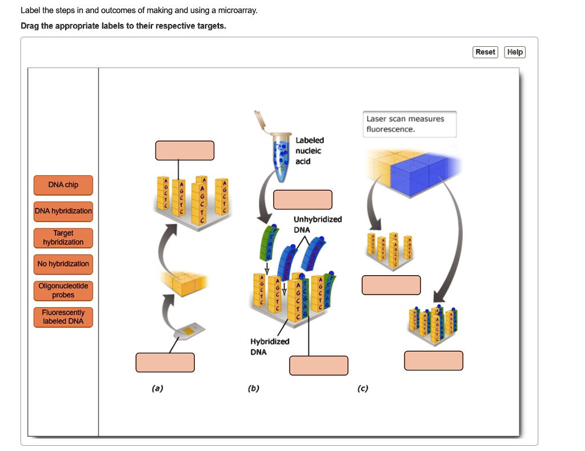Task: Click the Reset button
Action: point(485,52)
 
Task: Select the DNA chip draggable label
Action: point(63,185)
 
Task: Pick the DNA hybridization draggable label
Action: point(63,211)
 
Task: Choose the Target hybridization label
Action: point(63,237)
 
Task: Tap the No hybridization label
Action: point(63,264)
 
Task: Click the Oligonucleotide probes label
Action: point(63,291)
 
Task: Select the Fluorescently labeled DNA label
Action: point(63,317)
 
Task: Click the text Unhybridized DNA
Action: point(317,224)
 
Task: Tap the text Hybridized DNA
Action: point(269,347)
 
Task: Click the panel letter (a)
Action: point(157,388)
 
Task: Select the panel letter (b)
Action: point(254,388)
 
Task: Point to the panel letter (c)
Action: point(362,388)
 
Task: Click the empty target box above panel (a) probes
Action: point(185,150)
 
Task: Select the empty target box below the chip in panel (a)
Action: point(165,362)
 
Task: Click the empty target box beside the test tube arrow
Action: point(302,199)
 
